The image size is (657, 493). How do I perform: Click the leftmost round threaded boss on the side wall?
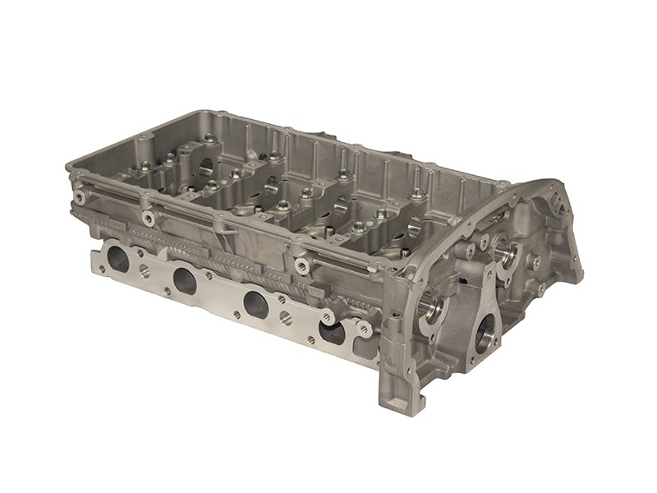[x=80, y=198]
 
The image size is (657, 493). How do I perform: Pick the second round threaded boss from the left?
[x=149, y=218]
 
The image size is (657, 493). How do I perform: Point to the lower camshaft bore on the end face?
[x=433, y=310]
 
